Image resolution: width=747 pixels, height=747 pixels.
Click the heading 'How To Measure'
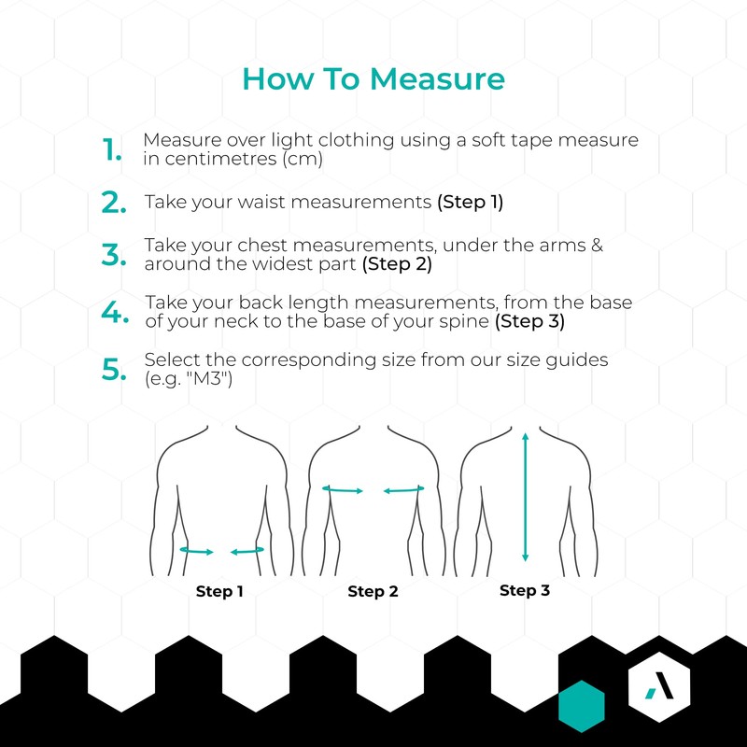[373, 78]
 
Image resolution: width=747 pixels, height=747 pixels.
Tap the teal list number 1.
[112, 149]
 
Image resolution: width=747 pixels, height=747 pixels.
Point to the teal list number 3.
[114, 254]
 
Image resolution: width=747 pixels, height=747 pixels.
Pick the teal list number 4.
[115, 312]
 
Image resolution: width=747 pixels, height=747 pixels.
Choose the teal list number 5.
[114, 369]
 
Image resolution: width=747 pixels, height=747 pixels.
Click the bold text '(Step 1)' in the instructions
[471, 202]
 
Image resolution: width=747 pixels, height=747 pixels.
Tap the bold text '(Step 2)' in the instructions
[397, 264]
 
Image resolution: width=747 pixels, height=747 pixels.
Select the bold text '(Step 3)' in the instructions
[529, 321]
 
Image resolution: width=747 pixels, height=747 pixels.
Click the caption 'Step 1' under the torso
[219, 591]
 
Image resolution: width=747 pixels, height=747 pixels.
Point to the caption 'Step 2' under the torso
[373, 591]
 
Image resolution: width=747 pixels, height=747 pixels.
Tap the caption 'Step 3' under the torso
[525, 590]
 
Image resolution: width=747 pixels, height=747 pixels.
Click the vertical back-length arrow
[526, 497]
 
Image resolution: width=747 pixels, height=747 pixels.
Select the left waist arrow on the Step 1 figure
[197, 551]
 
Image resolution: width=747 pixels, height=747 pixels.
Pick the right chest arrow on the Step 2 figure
[404, 489]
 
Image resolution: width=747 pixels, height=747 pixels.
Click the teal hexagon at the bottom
[581, 706]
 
